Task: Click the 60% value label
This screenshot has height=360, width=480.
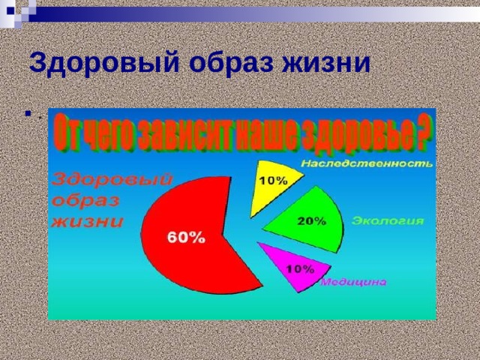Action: tap(186, 238)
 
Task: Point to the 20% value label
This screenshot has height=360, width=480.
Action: tap(312, 220)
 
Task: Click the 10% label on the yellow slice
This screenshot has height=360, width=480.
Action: tap(274, 181)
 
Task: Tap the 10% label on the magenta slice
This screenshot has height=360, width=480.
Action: tap(300, 269)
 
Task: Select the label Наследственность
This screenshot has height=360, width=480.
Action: tap(367, 163)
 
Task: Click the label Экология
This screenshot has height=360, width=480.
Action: tap(388, 220)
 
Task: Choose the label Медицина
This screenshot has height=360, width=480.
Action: tap(353, 282)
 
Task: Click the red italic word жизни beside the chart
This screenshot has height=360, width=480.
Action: tap(87, 221)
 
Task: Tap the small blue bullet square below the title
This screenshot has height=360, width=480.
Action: tap(28, 113)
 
